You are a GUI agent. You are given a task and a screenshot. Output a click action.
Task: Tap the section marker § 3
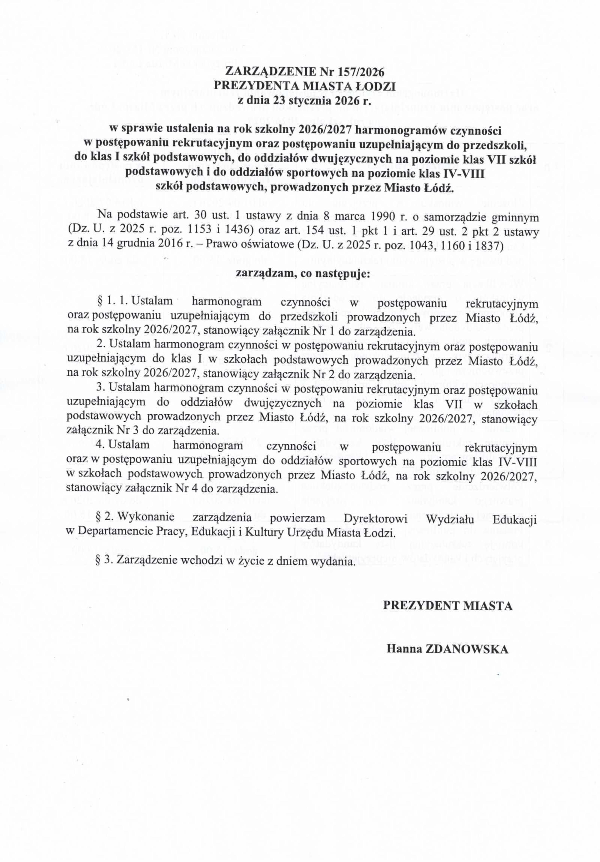pos(105,562)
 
